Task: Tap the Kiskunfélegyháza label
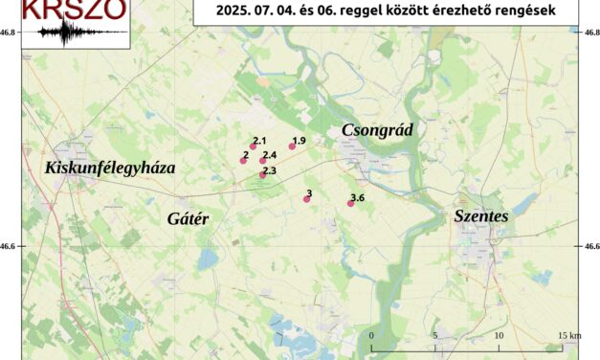(x=110, y=168)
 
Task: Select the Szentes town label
(x=481, y=216)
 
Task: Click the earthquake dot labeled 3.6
(x=350, y=203)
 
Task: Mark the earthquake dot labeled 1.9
(x=292, y=146)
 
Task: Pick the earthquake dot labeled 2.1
(x=253, y=146)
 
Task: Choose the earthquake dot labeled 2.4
(x=263, y=161)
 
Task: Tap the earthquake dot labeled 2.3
(x=262, y=175)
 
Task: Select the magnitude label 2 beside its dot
(x=246, y=154)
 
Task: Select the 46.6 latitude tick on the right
(x=590, y=247)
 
